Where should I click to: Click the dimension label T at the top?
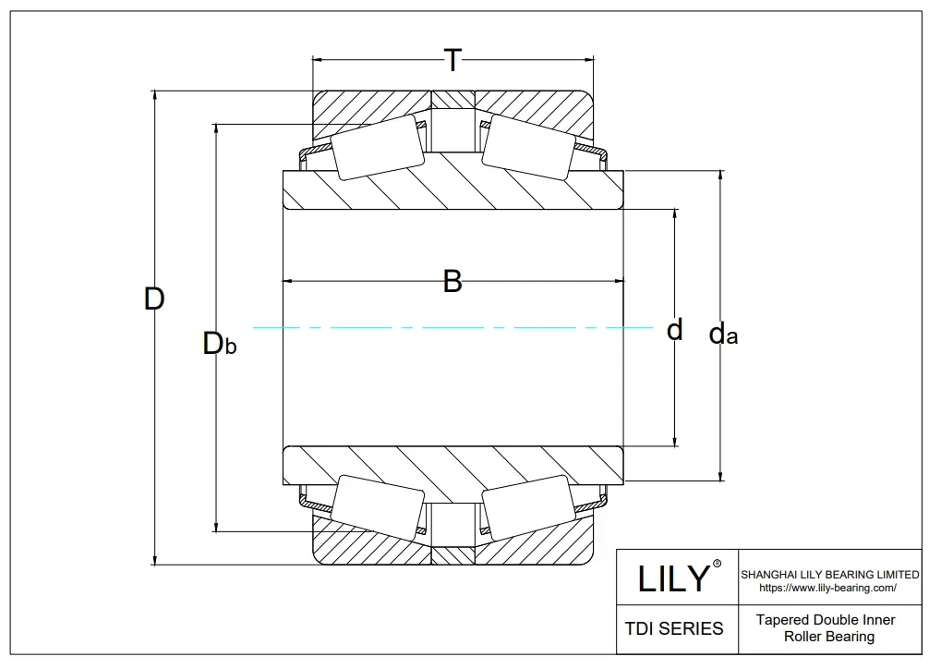point(452,61)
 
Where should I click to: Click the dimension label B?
point(452,281)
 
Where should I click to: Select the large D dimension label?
point(154,299)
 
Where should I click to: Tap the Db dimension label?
point(220,344)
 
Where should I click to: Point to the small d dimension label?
point(675,329)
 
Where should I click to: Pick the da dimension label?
point(723,334)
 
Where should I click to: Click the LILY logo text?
point(674,579)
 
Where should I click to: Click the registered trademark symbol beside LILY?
point(717,563)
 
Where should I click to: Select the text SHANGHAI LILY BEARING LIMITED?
point(829,575)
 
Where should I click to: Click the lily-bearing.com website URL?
point(827,588)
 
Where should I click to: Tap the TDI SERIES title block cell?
point(674,628)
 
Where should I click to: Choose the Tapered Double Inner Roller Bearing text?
point(828,627)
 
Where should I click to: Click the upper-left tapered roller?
point(378,147)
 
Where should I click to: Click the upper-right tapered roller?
point(527,147)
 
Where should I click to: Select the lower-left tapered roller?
point(378,507)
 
